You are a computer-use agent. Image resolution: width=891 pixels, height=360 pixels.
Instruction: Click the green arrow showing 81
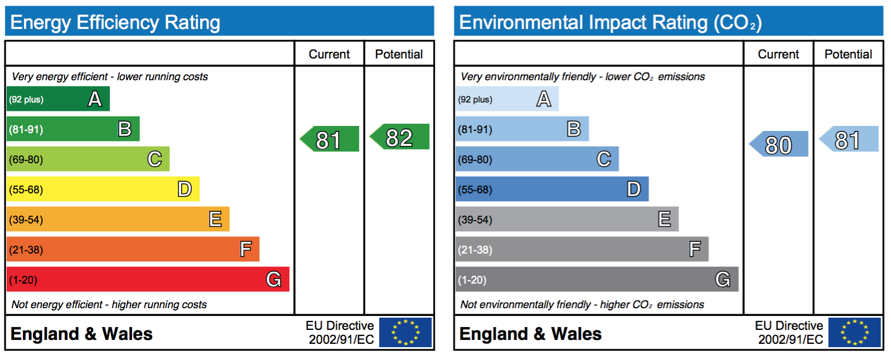(330, 139)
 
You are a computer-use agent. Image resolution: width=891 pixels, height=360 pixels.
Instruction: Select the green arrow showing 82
(400, 137)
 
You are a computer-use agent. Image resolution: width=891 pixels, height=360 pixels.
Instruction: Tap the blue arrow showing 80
(779, 143)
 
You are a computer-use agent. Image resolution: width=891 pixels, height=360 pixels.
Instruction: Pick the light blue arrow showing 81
(849, 139)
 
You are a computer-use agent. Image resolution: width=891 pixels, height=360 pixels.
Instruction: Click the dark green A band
(58, 99)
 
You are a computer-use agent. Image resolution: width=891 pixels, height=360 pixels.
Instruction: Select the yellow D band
(103, 189)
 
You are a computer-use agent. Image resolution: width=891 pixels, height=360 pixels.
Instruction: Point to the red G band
(148, 279)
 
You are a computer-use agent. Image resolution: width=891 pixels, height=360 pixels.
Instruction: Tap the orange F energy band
(133, 249)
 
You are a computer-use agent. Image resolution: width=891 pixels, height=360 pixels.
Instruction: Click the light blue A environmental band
(507, 99)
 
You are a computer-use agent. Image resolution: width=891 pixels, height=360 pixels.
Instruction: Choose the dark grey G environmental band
(597, 279)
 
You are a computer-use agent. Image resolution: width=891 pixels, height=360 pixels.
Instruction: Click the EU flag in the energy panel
(405, 332)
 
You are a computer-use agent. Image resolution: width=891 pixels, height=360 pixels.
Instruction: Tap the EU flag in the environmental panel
(854, 332)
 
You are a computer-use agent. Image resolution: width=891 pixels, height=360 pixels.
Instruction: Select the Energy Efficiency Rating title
(115, 22)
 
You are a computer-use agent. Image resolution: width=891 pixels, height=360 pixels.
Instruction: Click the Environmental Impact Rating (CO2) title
(611, 23)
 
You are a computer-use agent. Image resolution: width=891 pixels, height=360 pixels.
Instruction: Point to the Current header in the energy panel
(329, 54)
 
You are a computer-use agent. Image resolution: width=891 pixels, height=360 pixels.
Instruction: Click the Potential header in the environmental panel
(848, 54)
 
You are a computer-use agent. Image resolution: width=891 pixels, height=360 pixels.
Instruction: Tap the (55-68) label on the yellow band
(26, 189)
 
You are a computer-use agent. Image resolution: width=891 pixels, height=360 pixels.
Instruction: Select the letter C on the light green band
(155, 159)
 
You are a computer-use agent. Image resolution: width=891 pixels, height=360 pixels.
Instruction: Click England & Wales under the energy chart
(81, 334)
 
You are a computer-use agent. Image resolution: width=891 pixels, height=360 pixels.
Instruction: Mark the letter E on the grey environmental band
(664, 219)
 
